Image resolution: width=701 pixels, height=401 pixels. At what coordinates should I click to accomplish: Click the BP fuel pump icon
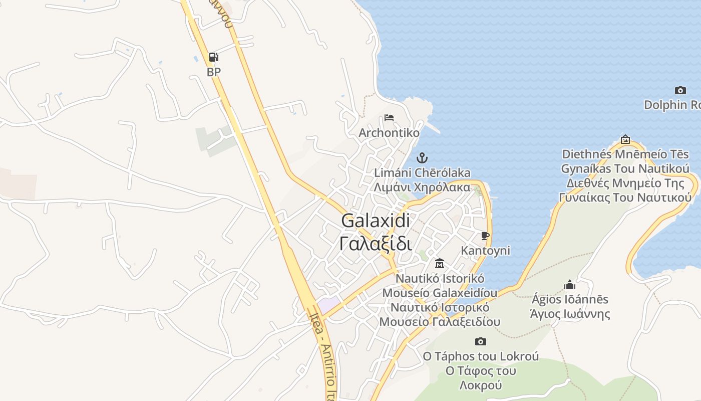coord(213,57)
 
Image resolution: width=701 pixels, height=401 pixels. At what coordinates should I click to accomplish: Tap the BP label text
coord(214,72)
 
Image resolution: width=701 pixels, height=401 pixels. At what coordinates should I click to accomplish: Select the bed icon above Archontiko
coord(389,118)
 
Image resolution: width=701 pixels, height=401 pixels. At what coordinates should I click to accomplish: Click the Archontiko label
coord(389,133)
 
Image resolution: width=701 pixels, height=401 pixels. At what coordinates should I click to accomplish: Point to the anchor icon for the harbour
coord(422,158)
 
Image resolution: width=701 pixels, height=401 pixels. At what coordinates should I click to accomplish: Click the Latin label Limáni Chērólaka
coord(422,173)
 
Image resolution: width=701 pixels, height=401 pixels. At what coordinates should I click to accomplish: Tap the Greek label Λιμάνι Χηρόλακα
coord(422,187)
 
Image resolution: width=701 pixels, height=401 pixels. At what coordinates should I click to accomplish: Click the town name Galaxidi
coord(376,220)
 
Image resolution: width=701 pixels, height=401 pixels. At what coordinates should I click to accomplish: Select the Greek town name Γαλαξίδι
coord(376,244)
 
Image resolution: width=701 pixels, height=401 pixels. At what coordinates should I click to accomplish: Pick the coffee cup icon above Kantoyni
coord(485,236)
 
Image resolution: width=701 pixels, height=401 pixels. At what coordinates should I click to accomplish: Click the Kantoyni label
coord(485,251)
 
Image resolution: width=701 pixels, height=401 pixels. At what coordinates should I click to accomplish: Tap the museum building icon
coord(440,263)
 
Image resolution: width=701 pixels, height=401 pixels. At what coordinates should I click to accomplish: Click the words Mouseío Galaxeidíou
coord(440,293)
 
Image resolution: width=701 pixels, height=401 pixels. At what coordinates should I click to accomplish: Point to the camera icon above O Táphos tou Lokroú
coord(481,341)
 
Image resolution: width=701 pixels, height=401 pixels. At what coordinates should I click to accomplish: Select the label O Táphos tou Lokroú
coord(481,356)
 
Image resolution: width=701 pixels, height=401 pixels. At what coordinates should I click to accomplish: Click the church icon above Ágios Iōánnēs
coord(570,285)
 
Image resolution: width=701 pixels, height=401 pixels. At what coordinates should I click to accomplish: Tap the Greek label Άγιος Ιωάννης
coord(570,314)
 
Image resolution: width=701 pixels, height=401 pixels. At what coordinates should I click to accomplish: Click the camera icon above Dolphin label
coord(680,90)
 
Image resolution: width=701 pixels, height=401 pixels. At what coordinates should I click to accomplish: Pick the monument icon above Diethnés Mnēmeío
coord(625,139)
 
